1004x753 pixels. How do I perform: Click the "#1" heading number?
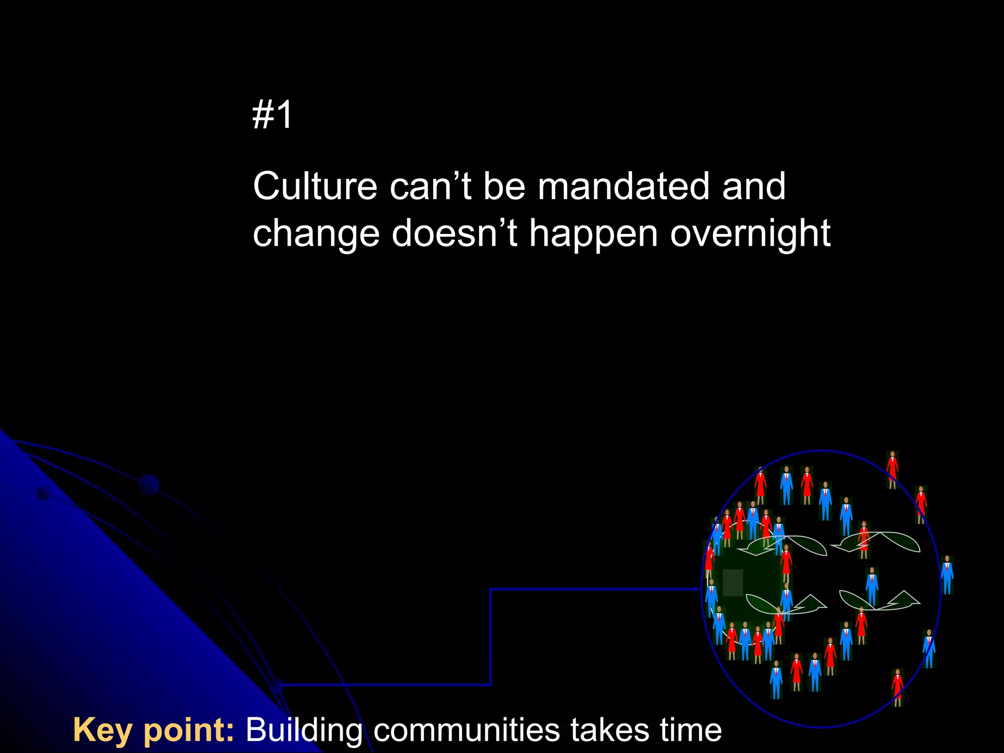(273, 115)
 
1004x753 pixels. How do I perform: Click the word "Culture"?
(315, 187)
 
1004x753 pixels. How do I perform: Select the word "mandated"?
(623, 187)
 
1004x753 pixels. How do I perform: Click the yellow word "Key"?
(102, 730)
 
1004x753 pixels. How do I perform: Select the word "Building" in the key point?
(304, 730)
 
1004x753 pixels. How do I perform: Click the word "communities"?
(467, 730)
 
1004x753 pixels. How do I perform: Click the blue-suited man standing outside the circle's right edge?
(947, 575)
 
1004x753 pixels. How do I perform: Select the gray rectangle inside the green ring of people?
(732, 582)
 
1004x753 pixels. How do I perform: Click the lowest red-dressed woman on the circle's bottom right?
(897, 687)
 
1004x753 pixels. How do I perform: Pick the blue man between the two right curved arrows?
(872, 586)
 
